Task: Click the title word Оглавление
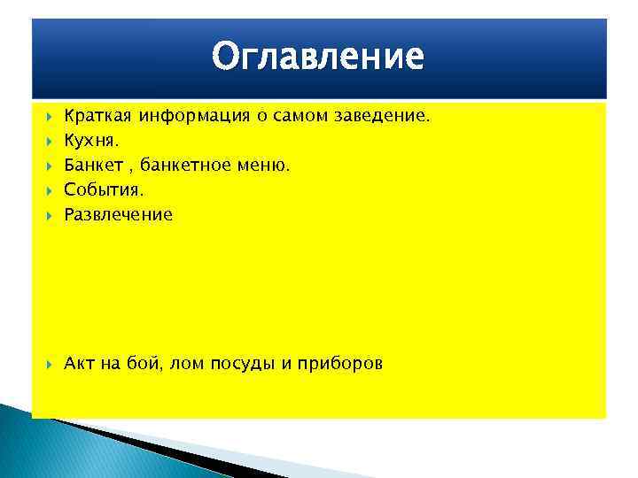pyautogui.click(x=318, y=58)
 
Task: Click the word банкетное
pyautogui.click(x=187, y=165)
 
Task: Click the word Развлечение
pyautogui.click(x=118, y=214)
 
